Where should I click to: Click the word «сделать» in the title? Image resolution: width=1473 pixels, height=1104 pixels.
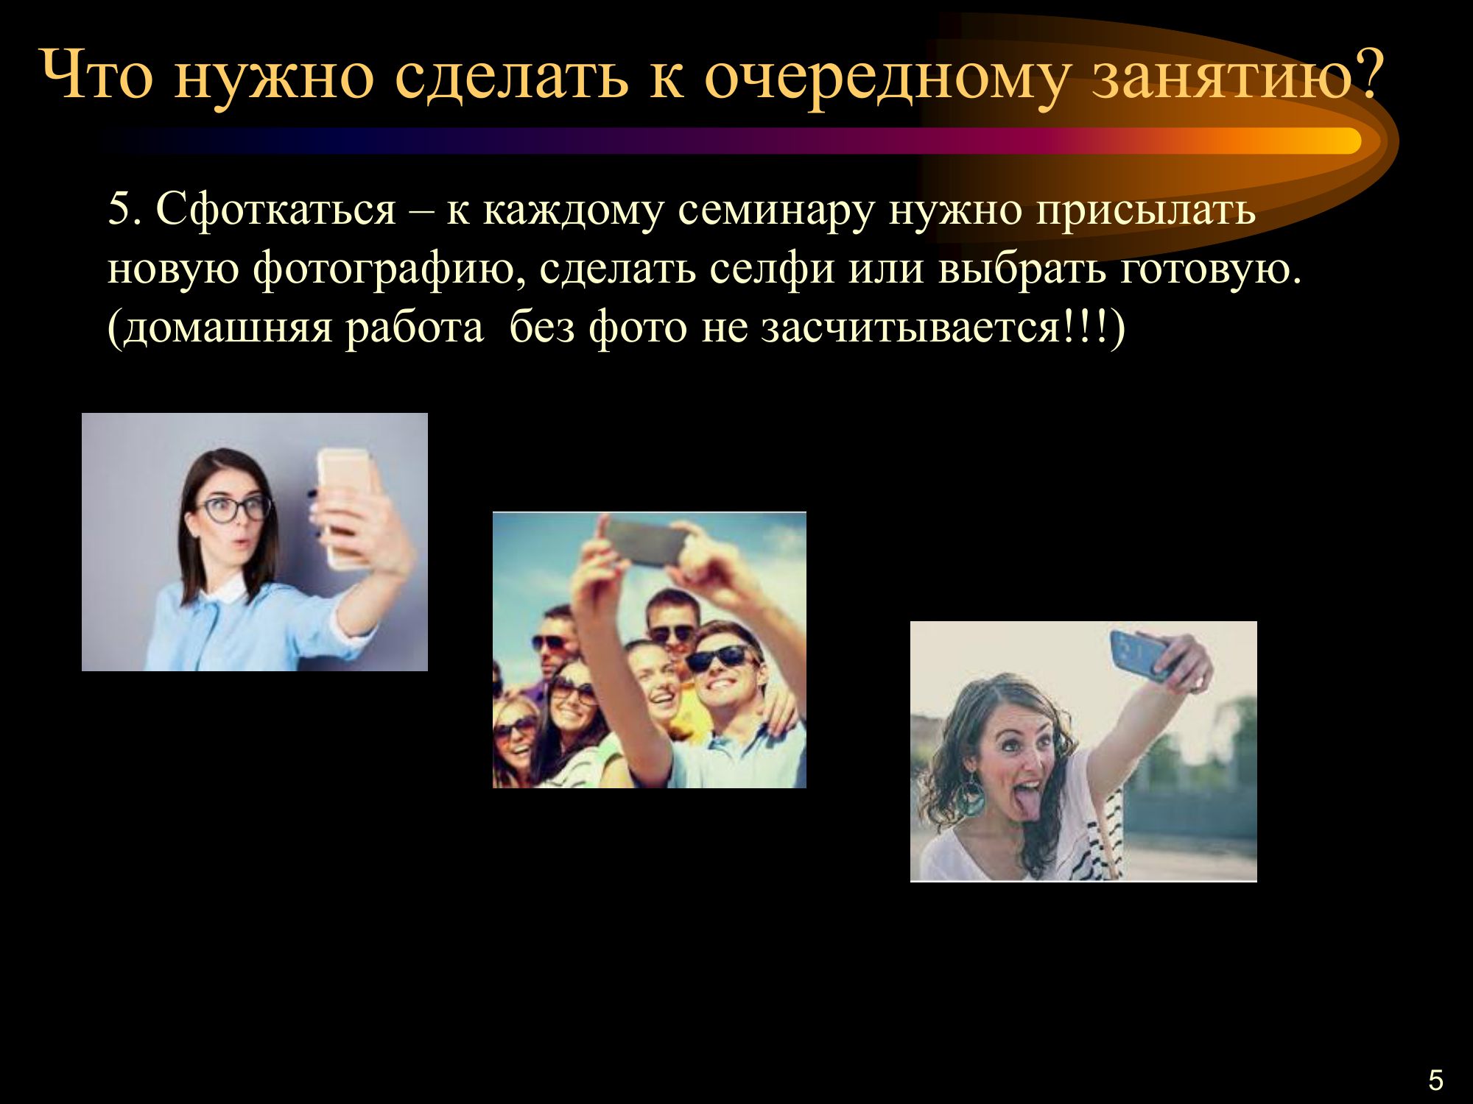(x=511, y=75)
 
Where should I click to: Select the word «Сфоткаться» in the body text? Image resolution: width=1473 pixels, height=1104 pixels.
(x=276, y=210)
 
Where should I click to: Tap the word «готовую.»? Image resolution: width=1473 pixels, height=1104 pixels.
(x=1212, y=269)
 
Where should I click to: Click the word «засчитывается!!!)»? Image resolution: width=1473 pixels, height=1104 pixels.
(x=943, y=328)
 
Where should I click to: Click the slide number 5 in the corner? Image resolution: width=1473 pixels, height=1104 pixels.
(x=1435, y=1080)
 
